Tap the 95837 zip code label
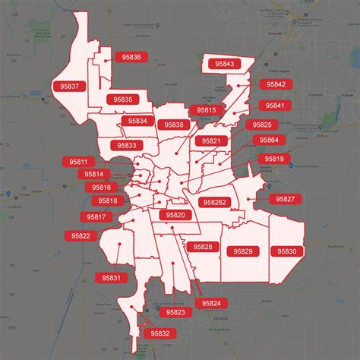(68, 87)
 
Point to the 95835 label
(123, 99)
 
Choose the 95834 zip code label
(137, 121)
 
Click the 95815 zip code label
(207, 110)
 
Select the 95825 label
(262, 125)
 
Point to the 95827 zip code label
(286, 198)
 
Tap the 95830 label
(287, 251)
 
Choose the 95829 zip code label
(243, 251)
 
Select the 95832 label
(160, 333)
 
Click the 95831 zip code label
(110, 279)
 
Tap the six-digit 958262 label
(215, 203)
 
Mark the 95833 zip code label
(127, 145)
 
